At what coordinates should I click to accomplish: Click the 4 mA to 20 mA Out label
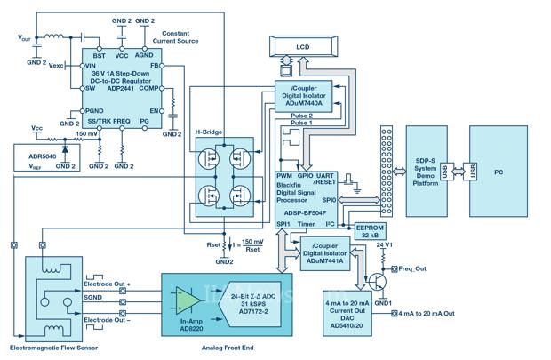coord(430,313)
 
